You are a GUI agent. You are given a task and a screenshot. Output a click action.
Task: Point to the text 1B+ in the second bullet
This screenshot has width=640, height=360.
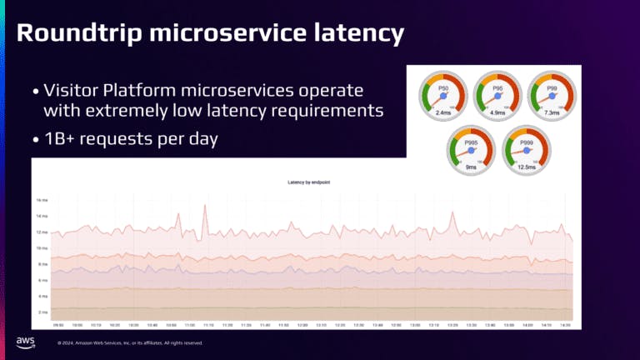(x=58, y=139)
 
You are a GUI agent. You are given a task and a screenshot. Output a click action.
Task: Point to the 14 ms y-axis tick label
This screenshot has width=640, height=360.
(x=42, y=201)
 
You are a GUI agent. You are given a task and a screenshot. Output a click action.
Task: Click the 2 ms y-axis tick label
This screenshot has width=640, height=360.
(x=42, y=312)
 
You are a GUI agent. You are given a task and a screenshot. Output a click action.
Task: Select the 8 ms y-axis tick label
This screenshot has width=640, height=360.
(x=42, y=264)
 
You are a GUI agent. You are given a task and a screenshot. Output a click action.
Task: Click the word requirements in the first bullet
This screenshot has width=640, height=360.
(x=337, y=109)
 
